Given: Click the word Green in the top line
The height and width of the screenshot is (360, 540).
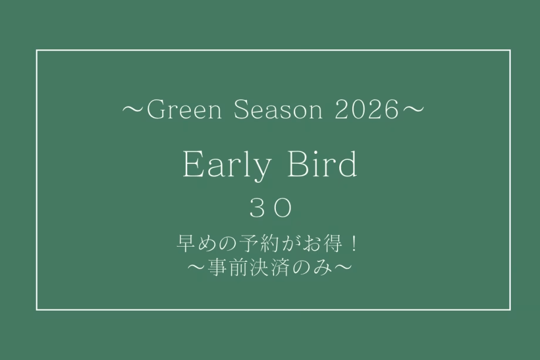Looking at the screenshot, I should click(x=180, y=110).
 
